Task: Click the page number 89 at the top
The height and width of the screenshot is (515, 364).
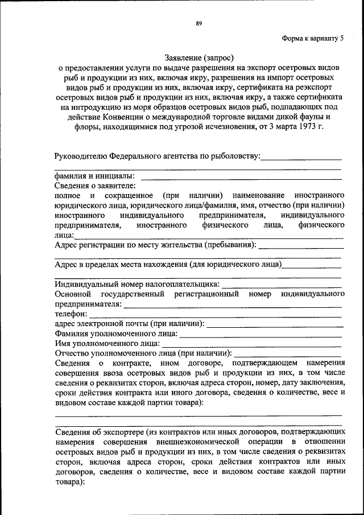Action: [x=199, y=23]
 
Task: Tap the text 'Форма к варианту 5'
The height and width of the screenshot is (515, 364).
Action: [x=313, y=39]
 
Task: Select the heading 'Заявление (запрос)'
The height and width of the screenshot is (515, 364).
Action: [x=199, y=57]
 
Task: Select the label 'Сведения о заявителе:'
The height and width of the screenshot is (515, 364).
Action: [x=96, y=186]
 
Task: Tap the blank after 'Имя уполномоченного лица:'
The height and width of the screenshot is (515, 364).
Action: [x=252, y=344]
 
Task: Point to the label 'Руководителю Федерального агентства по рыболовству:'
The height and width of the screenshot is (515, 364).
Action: [x=158, y=155]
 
